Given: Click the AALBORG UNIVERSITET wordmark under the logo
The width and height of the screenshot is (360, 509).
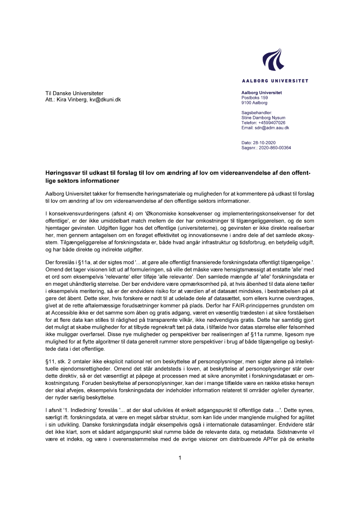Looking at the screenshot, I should pos(275,81).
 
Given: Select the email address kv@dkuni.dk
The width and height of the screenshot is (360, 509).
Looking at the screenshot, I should pos(105,100).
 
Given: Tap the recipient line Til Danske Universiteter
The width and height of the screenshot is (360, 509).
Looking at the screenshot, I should pos(74,93).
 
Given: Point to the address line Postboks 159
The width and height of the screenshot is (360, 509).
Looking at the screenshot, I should pos(255,98).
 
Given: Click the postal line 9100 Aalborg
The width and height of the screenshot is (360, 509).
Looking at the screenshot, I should pos(254,103).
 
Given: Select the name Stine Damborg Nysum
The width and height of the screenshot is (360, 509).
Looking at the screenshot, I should pos(263,118).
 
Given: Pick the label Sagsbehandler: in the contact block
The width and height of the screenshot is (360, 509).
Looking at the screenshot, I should pos(256,113).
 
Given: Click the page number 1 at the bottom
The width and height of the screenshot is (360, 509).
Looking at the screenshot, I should pos(180,458).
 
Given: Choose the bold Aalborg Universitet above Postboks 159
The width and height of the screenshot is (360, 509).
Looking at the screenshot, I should pos(262,93).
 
